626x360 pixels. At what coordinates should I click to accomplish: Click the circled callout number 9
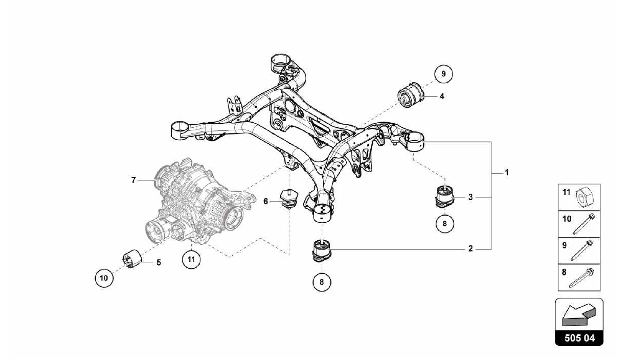tap(444, 74)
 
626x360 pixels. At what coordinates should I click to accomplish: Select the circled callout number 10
tap(104, 278)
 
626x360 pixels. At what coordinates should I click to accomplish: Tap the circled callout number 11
tap(191, 260)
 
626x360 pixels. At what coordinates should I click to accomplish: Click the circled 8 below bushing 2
tap(322, 282)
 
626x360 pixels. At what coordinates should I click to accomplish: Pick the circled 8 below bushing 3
tap(445, 224)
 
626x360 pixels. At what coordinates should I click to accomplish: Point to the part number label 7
tap(133, 180)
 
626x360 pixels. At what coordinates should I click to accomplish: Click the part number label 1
tap(506, 173)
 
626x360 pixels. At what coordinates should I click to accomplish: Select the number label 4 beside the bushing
tap(442, 96)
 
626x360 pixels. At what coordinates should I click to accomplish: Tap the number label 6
tap(266, 201)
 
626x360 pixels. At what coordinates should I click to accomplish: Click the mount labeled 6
tap(288, 199)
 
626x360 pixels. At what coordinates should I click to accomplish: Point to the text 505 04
tap(579, 338)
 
